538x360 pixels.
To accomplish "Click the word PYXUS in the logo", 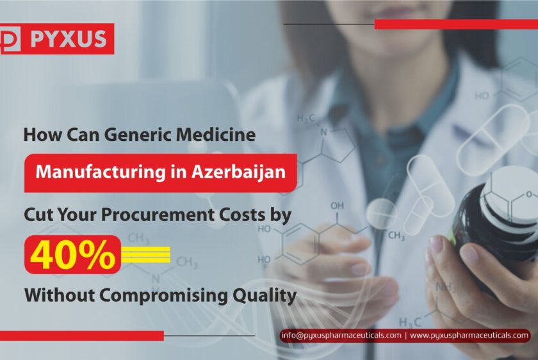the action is [69, 39].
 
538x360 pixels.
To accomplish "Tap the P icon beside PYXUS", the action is [10, 39].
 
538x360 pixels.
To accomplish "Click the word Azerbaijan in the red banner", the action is [238, 172].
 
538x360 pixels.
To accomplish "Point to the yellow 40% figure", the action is [73, 255].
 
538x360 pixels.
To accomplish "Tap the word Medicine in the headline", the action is [216, 134].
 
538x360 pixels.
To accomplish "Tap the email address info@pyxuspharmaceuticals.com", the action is [341, 335].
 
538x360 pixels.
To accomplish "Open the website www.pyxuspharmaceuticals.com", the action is [469, 335].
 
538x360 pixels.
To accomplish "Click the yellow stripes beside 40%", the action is [146, 255].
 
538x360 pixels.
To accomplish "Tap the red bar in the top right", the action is [456, 24].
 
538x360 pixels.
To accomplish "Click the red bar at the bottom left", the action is [82, 336].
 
